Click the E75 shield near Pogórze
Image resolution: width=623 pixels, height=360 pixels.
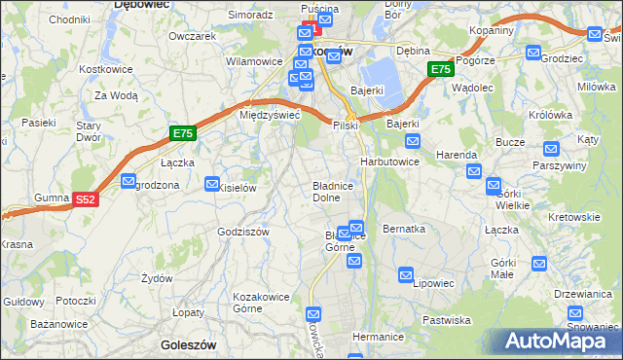coord(440,70)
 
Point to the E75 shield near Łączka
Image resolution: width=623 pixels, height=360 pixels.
coord(182,134)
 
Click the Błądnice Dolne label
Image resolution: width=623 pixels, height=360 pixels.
coord(339,190)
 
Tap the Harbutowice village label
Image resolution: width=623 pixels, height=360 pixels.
coord(389,161)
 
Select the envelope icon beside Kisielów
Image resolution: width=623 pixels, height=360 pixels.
coord(212,183)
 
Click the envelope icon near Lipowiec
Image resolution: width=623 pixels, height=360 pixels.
coord(406,276)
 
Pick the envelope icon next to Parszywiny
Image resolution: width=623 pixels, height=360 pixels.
coord(551,150)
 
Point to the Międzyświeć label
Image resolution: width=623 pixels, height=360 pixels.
coord(269,115)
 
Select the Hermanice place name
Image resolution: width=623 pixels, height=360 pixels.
coord(378,336)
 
